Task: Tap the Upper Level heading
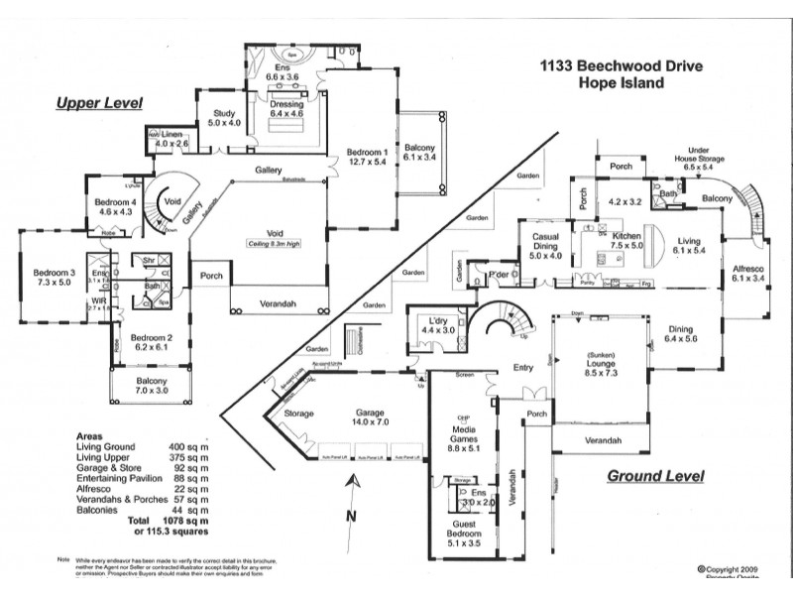[99, 102]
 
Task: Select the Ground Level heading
[655, 476]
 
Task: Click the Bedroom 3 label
[55, 273]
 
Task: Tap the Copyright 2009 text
[734, 569]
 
